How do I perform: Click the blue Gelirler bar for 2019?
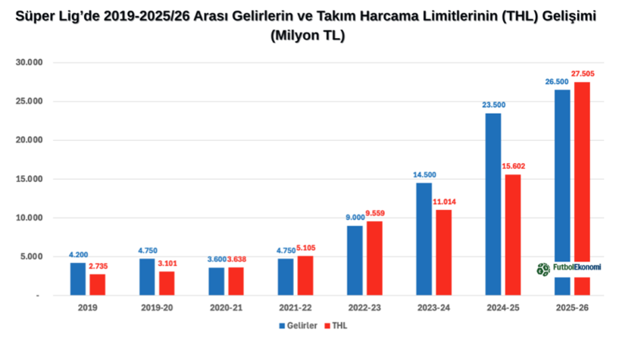78,279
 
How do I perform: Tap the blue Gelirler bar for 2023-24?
424,239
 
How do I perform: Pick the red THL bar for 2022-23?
374,258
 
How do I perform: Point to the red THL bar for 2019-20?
167,283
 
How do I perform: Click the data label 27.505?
584,74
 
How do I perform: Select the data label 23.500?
493,105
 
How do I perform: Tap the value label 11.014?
444,202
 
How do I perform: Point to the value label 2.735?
98,266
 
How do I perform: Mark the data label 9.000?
355,218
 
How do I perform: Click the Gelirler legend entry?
298,326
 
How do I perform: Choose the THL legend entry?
337,326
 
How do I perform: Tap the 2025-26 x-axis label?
571,308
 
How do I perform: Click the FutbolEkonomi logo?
569,268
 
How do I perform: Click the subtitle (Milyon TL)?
307,35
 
